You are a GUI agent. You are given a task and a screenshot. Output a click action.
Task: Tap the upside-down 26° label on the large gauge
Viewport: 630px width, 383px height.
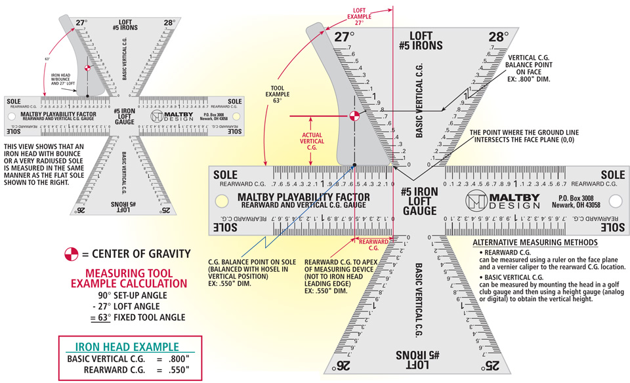coord(344,365)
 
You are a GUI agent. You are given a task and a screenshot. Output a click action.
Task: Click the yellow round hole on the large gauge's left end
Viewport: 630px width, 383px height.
coord(222,199)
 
